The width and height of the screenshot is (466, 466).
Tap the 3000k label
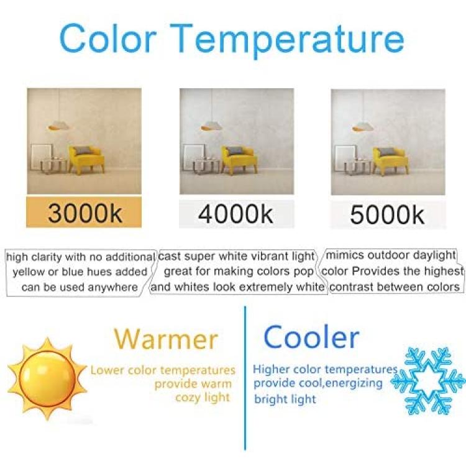click(x=85, y=212)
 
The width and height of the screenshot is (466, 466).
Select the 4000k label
click(x=235, y=213)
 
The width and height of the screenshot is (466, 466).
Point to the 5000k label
click(x=387, y=214)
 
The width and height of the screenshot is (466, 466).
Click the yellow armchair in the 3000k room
click(x=86, y=159)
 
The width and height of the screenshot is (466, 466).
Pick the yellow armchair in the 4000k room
click(x=239, y=159)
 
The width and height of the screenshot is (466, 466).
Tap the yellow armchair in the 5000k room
click(x=391, y=160)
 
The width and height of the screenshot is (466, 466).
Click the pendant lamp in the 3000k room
click(x=59, y=126)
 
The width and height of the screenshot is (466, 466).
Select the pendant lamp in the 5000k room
click(x=363, y=126)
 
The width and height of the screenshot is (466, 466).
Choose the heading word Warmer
click(x=166, y=339)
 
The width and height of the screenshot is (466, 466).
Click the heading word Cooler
click(x=311, y=337)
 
